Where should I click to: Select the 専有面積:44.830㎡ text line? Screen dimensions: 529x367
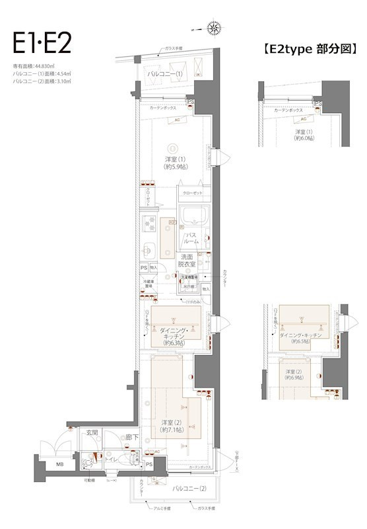(x=34, y=67)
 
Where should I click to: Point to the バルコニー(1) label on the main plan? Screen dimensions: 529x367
(x=165, y=73)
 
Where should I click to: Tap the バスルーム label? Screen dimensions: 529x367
(x=191, y=238)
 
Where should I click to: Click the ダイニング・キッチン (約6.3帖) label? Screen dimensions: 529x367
(x=173, y=337)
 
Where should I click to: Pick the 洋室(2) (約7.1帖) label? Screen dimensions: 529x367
(x=172, y=426)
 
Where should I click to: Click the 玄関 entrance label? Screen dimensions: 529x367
(x=91, y=432)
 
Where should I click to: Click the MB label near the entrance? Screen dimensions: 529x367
(x=59, y=464)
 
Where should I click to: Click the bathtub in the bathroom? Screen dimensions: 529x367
(x=192, y=216)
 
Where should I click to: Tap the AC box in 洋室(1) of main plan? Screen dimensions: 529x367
(x=176, y=120)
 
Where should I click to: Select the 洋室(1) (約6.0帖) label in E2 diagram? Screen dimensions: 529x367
(x=304, y=136)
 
